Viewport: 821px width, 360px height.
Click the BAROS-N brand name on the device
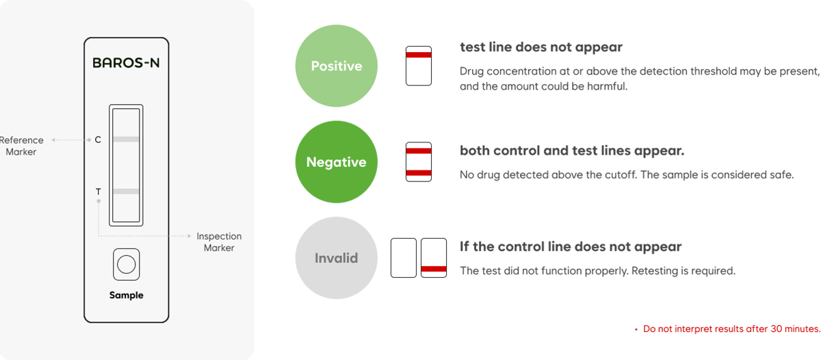pyautogui.click(x=127, y=64)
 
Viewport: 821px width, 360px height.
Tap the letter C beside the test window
pyautogui.click(x=98, y=140)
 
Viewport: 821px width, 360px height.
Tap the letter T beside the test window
pyautogui.click(x=98, y=192)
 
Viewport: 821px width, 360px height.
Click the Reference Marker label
pyautogui.click(x=21, y=146)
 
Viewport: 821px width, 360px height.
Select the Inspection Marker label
pyautogui.click(x=219, y=242)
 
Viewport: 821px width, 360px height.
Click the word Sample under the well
pyautogui.click(x=127, y=296)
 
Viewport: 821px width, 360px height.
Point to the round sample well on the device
pyautogui.click(x=127, y=264)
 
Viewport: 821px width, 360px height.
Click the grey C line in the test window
pyautogui.click(x=127, y=140)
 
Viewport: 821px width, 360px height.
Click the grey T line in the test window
pyautogui.click(x=127, y=192)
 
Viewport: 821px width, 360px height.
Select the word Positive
pyautogui.click(x=336, y=66)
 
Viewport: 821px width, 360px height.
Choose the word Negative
pyautogui.click(x=336, y=163)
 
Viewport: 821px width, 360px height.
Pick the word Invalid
pyautogui.click(x=336, y=259)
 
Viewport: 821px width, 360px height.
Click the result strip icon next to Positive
pyautogui.click(x=419, y=66)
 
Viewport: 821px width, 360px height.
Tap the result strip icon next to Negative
pyautogui.click(x=419, y=162)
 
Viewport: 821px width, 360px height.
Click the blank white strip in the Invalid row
pyautogui.click(x=404, y=258)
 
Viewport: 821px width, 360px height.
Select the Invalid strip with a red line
pyautogui.click(x=434, y=258)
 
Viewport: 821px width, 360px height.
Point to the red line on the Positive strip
pyautogui.click(x=419, y=53)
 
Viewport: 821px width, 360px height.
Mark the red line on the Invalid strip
pyautogui.click(x=434, y=269)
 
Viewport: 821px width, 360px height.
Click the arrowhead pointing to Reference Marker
pyautogui.click(x=55, y=140)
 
